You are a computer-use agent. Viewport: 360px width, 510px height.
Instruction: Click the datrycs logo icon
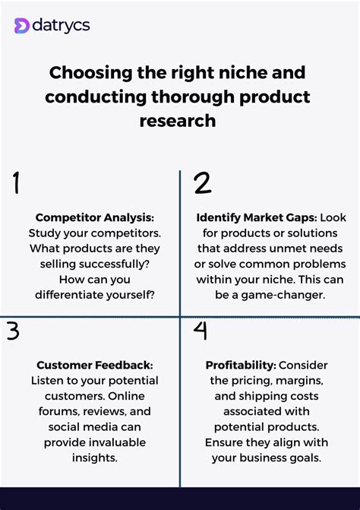pos(22,26)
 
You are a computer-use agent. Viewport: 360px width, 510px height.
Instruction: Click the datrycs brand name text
pos(62,26)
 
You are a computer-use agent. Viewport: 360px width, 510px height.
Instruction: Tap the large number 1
pos(16,185)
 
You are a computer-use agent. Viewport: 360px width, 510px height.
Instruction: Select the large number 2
pos(202,184)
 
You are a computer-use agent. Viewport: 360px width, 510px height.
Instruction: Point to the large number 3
pos(14,331)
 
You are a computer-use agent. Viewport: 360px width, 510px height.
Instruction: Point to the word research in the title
pos(178,120)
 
